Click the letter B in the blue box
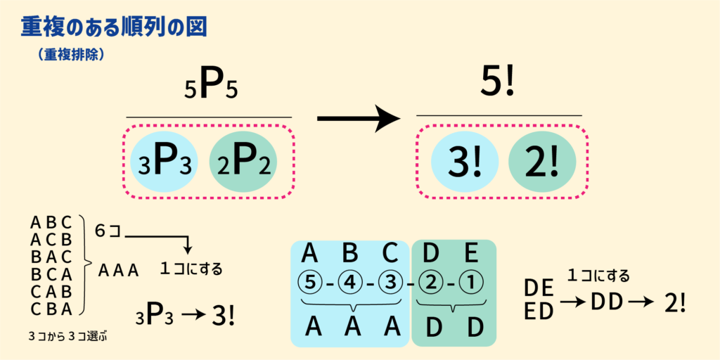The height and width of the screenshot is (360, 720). coord(350,252)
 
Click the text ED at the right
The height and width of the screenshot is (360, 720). coord(539,311)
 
